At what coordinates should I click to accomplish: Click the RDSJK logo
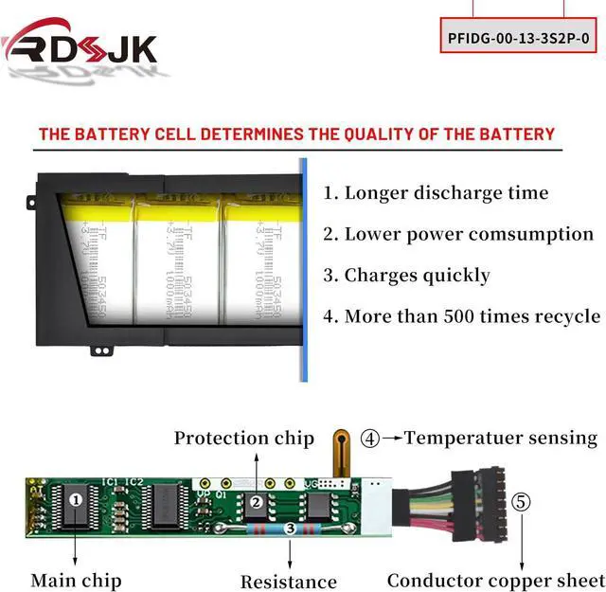pyautogui.click(x=80, y=45)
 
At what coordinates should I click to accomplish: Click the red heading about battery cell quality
pyautogui.click(x=296, y=134)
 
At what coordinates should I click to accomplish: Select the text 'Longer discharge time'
pyautogui.click(x=446, y=193)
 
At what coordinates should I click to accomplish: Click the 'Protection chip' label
pyautogui.click(x=243, y=438)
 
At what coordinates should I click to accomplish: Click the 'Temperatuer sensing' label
pyautogui.click(x=501, y=438)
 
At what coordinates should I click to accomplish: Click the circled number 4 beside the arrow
pyautogui.click(x=370, y=439)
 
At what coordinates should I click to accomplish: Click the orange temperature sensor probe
pyautogui.click(x=340, y=452)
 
